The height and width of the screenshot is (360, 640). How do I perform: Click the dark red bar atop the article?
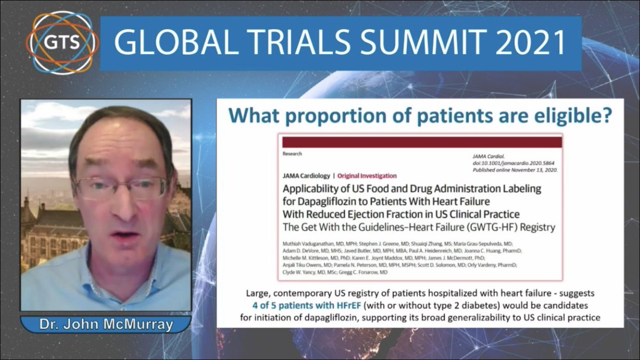pos(422,142)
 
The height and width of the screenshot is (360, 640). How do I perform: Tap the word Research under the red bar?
pos(292,154)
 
